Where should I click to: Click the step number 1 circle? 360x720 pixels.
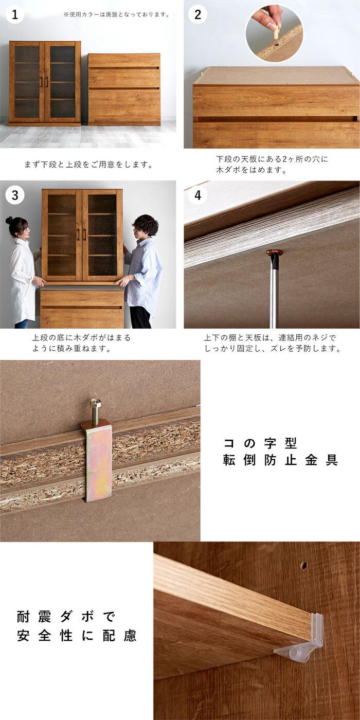[15, 14]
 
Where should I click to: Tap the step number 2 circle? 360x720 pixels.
[197, 14]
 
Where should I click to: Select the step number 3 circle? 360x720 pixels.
[15, 195]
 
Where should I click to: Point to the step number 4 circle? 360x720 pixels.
[197, 195]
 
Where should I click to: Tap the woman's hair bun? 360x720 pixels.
[9, 221]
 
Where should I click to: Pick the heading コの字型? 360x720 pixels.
[260, 443]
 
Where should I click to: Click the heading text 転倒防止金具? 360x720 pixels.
[280, 460]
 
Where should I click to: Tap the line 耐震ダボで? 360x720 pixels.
[66, 617]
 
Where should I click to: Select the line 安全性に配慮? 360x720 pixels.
[77, 636]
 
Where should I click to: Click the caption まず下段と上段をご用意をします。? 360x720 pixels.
[88, 165]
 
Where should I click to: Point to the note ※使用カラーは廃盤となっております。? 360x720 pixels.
[117, 14]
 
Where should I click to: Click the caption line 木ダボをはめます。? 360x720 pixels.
[251, 170]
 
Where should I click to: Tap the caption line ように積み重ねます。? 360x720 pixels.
[71, 349]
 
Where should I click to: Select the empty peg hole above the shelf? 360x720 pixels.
[304, 565]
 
